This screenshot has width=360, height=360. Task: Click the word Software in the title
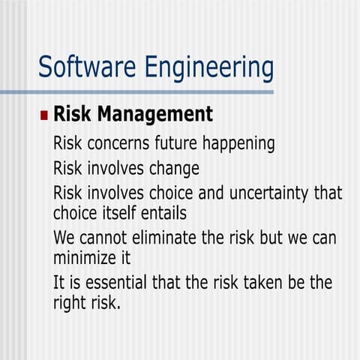pos(80,67)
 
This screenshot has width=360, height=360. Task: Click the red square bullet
pos(43,117)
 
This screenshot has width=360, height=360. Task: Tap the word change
pos(172,168)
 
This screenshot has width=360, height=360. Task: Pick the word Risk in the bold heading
pos(72,115)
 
